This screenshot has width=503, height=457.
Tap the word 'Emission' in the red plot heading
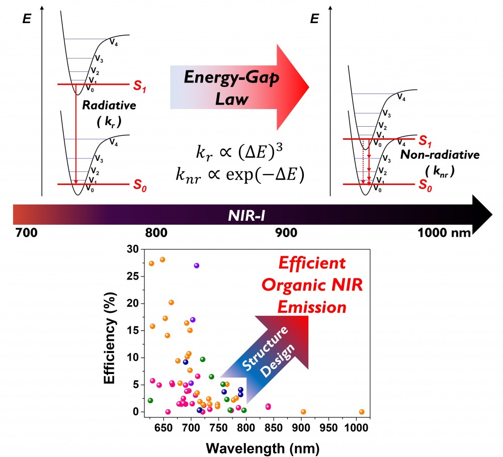pyautogui.click(x=320, y=306)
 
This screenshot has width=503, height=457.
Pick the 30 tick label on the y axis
pyautogui.click(x=132, y=249)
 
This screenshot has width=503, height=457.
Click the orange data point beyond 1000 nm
pyautogui.click(x=362, y=412)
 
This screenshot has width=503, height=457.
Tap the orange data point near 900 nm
pyautogui.click(x=303, y=412)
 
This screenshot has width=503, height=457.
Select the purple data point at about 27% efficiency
pyautogui.click(x=197, y=265)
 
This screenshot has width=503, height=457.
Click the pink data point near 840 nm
pyautogui.click(x=268, y=406)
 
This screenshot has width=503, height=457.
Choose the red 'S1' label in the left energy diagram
pyautogui.click(x=141, y=87)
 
